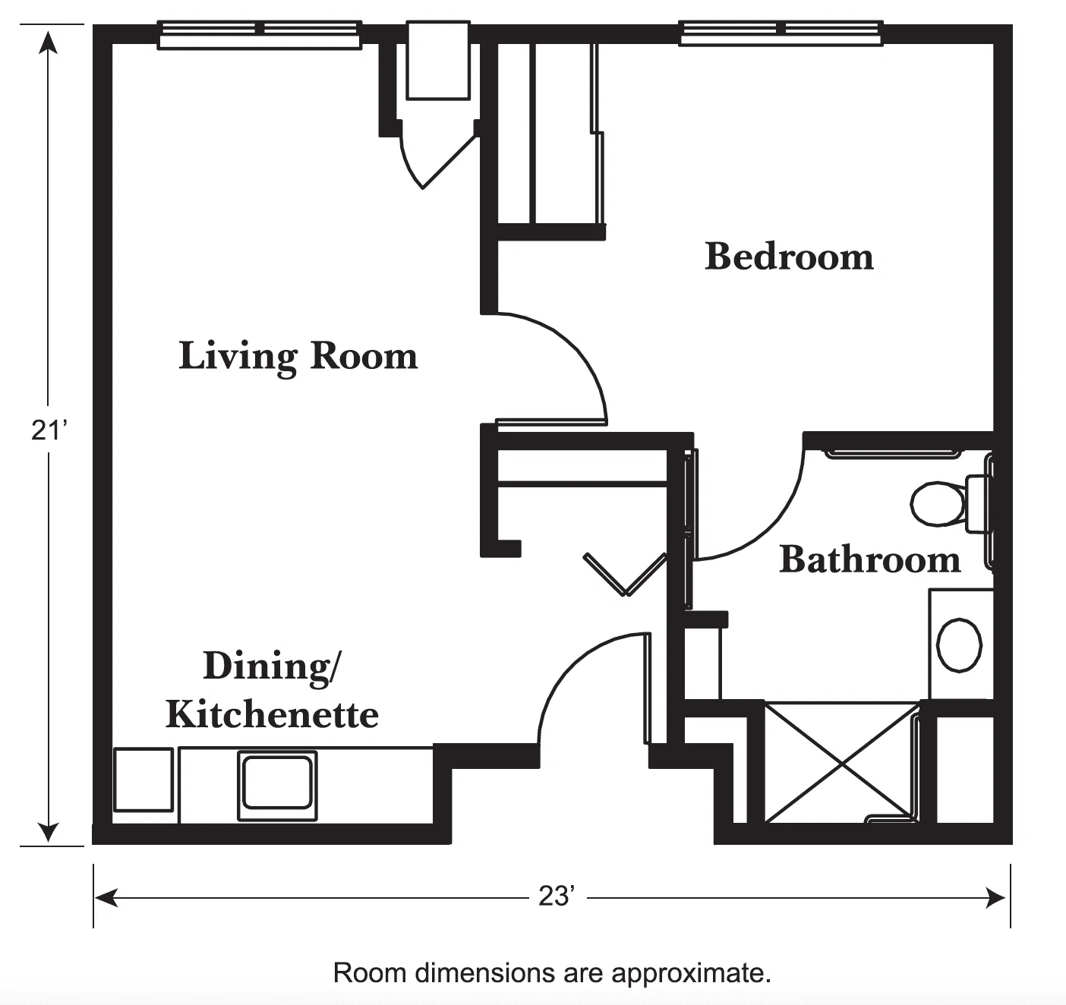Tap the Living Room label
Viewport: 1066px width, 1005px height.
(x=298, y=356)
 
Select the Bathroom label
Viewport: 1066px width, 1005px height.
(x=869, y=559)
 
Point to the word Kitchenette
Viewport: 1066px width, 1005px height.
(x=272, y=714)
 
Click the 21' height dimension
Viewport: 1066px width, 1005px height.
(x=49, y=430)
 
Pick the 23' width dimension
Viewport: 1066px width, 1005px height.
(x=557, y=896)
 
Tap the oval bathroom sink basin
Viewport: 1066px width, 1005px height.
(x=959, y=644)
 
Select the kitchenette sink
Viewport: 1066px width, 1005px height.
(x=277, y=786)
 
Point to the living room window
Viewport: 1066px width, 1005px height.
(x=260, y=36)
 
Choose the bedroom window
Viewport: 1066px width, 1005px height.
(x=781, y=33)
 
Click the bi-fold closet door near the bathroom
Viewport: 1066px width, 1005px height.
(x=626, y=575)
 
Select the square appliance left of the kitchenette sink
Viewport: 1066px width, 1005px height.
(x=143, y=780)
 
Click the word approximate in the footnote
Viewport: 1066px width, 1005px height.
(x=692, y=973)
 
